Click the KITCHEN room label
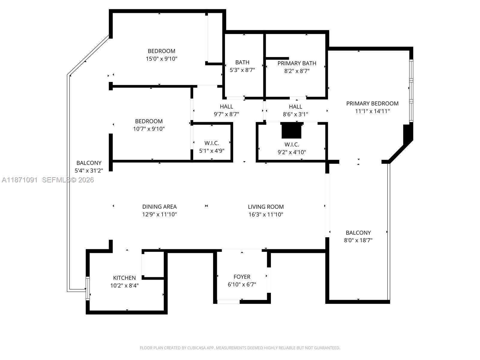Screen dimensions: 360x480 pyautogui.click(x=124, y=278)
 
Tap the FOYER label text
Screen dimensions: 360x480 pyautogui.click(x=242, y=277)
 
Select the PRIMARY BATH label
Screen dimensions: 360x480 pyautogui.click(x=297, y=63)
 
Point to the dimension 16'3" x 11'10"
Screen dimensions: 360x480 pyautogui.click(x=265, y=214)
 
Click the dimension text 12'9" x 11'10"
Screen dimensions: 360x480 pyautogui.click(x=159, y=214)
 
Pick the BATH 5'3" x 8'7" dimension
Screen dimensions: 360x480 pyautogui.click(x=242, y=70)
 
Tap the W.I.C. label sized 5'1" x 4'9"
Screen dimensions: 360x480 pyautogui.click(x=211, y=143)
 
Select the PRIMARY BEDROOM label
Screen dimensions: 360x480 pyautogui.click(x=372, y=103)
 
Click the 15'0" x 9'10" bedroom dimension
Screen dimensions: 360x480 pyautogui.click(x=161, y=59)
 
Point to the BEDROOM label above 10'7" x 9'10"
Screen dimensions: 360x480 pyautogui.click(x=149, y=121)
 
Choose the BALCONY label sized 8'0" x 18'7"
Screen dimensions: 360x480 pyautogui.click(x=358, y=232)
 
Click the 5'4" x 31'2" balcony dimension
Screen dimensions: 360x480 pyautogui.click(x=89, y=171)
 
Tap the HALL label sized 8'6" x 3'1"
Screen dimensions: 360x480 pyautogui.click(x=295, y=106)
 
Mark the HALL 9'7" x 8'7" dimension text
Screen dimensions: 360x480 pyautogui.click(x=226, y=114)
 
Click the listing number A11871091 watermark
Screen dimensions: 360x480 pyautogui.click(x=20, y=180)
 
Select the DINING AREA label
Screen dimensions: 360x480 pyautogui.click(x=159, y=207)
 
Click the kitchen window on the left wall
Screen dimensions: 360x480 pyautogui.click(x=88, y=288)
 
